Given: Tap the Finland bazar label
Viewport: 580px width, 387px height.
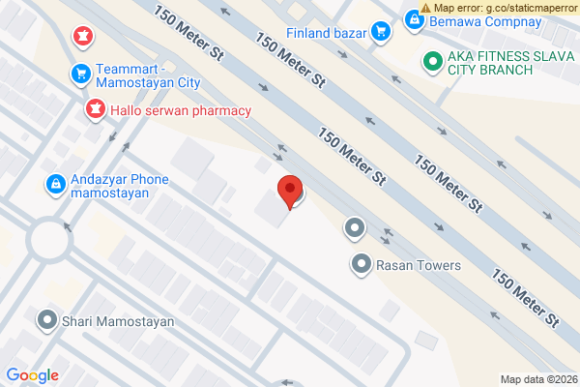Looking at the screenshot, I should [x=327, y=33].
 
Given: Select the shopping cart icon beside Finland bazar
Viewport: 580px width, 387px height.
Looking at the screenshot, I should [x=381, y=32].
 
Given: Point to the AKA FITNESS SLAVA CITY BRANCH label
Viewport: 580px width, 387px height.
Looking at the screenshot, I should [x=490, y=63].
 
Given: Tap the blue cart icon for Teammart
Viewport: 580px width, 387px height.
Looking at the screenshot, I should [x=81, y=73].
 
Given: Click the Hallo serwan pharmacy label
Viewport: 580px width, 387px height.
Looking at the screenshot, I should [x=181, y=110].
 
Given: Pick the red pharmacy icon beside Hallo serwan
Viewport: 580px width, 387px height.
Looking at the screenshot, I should [x=95, y=110].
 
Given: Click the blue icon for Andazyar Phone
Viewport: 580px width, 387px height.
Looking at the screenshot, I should [x=56, y=182].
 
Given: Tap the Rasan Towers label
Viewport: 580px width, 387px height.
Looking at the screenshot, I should [x=419, y=264].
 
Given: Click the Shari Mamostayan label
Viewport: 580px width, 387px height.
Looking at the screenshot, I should [x=117, y=320].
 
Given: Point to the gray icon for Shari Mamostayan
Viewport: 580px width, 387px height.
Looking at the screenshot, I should [x=45, y=319].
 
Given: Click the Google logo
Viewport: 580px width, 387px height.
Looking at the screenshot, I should [x=33, y=375].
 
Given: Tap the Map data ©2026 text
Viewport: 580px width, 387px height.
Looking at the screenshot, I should [x=536, y=378].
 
